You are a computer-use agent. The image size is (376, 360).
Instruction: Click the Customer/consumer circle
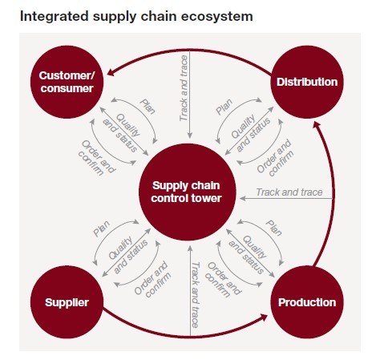point(67,82)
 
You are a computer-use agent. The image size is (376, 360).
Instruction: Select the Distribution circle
point(307,82)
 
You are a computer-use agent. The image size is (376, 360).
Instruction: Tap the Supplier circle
point(67,302)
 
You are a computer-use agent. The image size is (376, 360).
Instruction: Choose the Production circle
point(307,302)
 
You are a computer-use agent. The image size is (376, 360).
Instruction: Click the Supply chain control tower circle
point(188,192)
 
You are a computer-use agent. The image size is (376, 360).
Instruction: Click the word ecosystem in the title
point(216,16)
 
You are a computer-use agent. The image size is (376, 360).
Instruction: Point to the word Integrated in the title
point(55,17)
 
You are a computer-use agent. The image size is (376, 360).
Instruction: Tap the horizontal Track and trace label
point(289,192)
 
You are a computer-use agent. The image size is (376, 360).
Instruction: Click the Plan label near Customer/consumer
point(148,107)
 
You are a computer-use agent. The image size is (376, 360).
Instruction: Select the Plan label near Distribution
point(224,107)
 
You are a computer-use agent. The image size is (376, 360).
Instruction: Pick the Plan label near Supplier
point(102,229)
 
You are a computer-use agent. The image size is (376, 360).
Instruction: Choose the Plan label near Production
point(273,228)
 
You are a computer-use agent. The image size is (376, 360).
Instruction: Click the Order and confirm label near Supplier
point(152,279)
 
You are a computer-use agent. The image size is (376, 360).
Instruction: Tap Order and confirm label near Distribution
point(275,158)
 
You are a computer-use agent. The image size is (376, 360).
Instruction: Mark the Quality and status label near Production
point(248,255)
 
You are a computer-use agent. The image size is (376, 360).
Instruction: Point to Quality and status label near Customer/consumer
point(122,133)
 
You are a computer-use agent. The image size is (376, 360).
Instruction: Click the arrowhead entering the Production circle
point(264,318)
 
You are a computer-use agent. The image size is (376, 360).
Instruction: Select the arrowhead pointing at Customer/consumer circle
point(111,72)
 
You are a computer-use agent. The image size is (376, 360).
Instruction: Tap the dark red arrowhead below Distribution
point(317,125)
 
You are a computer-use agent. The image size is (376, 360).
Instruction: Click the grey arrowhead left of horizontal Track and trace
point(243,198)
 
